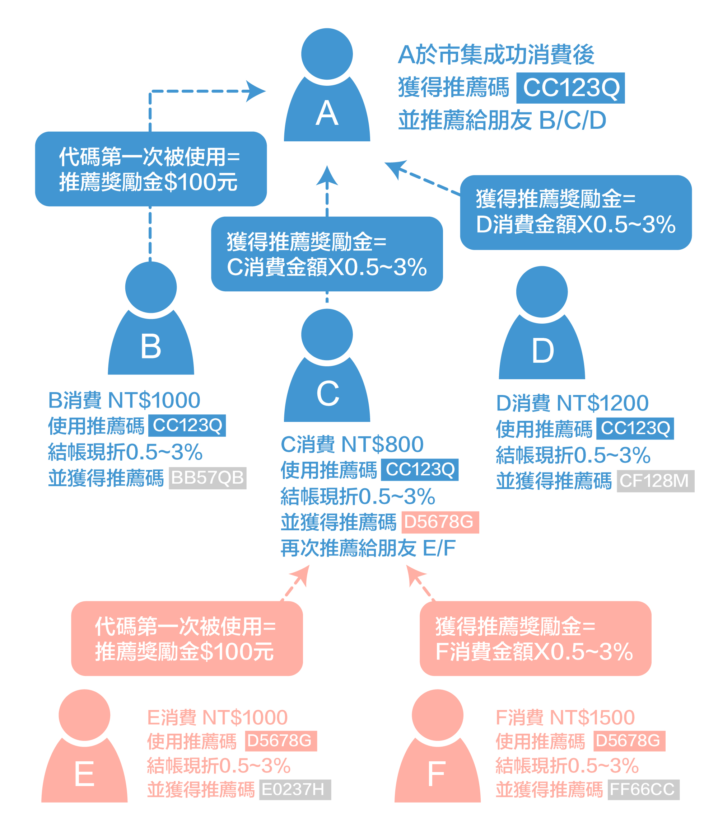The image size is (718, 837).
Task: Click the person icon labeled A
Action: point(327,93)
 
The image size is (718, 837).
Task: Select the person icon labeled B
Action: point(151,327)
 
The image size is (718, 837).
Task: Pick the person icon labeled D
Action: point(542,331)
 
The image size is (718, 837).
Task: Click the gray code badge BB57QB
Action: point(208,478)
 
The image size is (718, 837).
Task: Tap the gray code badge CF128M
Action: point(655,481)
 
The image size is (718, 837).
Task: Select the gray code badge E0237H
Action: point(295,789)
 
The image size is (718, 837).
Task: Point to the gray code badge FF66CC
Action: point(643,789)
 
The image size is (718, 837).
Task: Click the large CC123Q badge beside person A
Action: point(570,88)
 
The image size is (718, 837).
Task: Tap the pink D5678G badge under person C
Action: point(440,522)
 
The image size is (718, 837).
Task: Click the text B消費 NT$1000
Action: point(124,400)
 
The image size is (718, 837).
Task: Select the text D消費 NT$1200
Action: point(572,403)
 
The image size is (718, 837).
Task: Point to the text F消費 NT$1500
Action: point(565,718)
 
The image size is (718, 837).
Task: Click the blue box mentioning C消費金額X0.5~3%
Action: point(327,254)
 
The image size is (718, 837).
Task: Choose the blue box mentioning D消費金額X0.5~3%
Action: point(575,212)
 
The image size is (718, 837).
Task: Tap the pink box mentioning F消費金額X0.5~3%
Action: point(535,639)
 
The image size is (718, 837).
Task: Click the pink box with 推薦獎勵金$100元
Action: point(187,639)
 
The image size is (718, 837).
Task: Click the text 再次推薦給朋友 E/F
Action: point(368,548)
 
